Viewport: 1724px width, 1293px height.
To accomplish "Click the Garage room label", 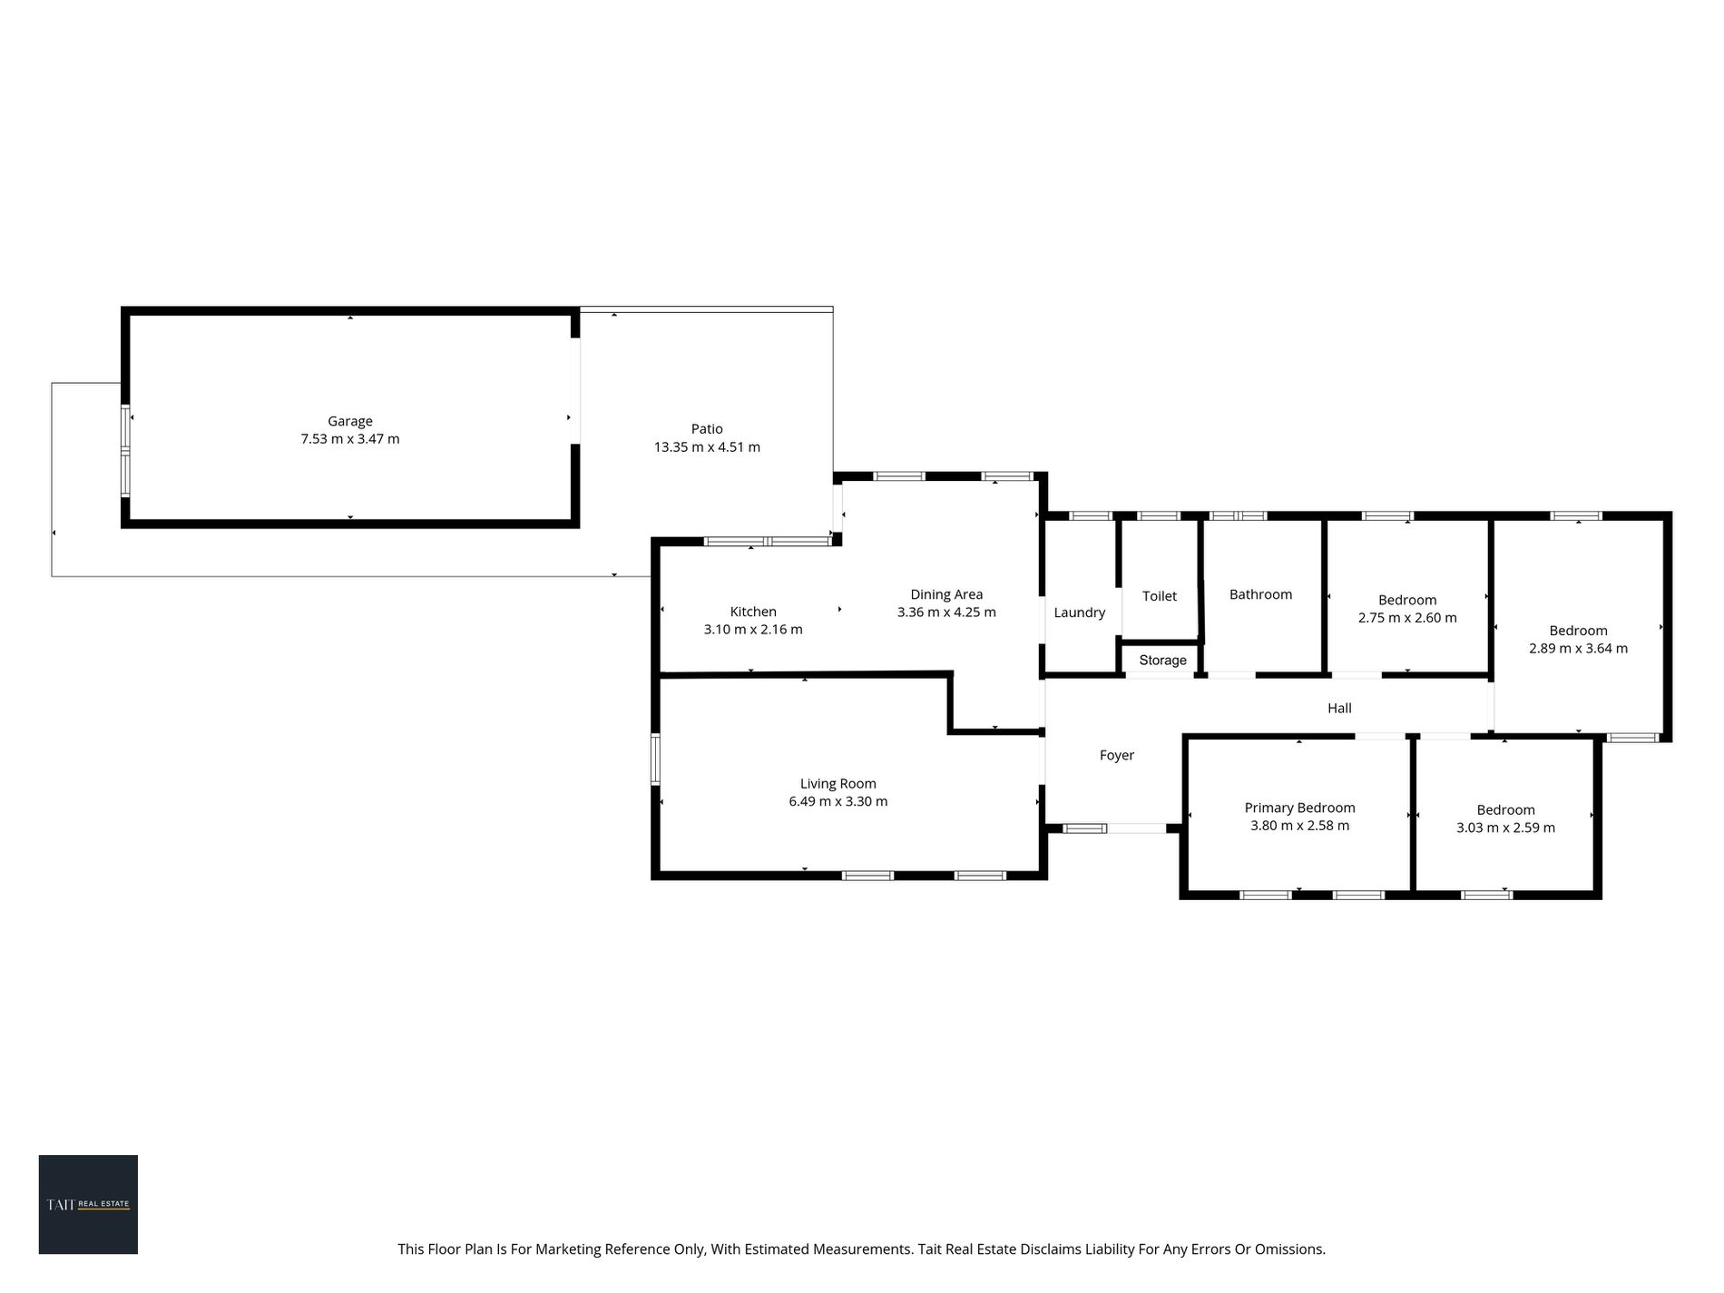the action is click(350, 421).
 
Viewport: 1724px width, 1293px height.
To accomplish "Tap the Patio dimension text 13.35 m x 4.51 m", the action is click(707, 447).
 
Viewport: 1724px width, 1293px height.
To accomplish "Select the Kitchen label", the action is click(753, 612).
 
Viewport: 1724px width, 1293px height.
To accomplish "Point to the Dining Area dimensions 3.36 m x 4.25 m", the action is click(946, 612).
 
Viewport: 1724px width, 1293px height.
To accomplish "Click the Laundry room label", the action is click(1080, 612).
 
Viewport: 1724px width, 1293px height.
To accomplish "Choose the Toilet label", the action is click(1160, 596).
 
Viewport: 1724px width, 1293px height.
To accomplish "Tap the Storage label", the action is click(1162, 661).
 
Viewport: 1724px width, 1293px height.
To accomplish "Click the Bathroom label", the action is click(1260, 594).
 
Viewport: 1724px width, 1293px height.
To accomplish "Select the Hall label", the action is click(1339, 708).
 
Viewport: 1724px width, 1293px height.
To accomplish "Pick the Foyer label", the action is click(1117, 755).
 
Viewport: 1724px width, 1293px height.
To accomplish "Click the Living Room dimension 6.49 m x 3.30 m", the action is click(838, 801).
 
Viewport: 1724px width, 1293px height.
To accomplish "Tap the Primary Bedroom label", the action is click(1299, 808).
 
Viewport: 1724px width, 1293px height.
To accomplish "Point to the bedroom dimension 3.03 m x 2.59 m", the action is click(1505, 828).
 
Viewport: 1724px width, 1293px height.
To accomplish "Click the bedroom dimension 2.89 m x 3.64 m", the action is click(1578, 649).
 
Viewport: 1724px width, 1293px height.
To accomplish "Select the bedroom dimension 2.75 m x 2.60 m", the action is click(1407, 618).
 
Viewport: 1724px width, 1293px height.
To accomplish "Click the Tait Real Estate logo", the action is click(88, 1204).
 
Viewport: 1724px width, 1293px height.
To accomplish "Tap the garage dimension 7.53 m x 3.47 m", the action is click(350, 439).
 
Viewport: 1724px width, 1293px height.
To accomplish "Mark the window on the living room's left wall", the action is click(655, 759).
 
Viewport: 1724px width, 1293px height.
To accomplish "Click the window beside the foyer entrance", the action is click(1085, 828).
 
